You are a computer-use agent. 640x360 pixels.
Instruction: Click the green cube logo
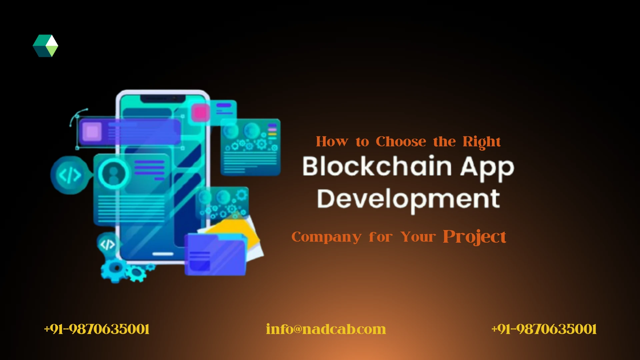click(46, 46)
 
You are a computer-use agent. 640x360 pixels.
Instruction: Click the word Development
click(408, 199)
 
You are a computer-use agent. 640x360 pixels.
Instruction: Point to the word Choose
click(401, 142)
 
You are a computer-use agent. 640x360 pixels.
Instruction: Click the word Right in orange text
click(481, 142)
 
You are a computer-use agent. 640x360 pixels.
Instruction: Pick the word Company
click(326, 237)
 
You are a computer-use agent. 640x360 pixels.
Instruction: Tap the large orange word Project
click(474, 237)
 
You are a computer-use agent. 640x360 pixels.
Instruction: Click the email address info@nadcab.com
click(326, 329)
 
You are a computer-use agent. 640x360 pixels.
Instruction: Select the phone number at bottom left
click(97, 329)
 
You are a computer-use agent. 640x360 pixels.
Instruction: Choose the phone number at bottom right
click(544, 329)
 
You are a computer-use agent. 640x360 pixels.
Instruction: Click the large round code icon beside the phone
click(70, 175)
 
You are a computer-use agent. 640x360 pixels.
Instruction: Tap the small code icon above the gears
click(107, 245)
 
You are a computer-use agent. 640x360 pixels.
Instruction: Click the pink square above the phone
click(200, 112)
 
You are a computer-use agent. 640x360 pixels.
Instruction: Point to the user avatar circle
click(114, 173)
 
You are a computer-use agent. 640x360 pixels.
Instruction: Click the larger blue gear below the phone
click(115, 269)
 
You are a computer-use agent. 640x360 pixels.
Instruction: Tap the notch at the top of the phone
click(163, 99)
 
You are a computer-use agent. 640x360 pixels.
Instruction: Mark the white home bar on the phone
click(163, 254)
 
